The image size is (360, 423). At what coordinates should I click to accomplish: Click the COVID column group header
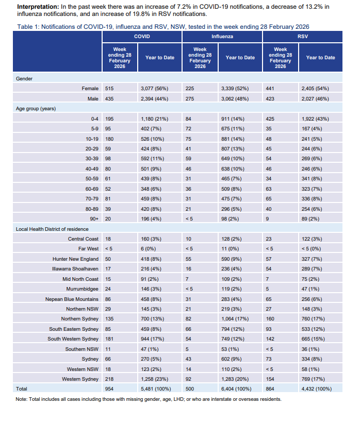point(142,37)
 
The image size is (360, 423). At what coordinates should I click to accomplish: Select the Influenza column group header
point(222,37)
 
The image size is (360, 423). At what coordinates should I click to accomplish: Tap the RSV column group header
point(303,37)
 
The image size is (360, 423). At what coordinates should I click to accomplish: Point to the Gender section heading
point(25,78)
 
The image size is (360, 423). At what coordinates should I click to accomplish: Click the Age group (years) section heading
point(36,109)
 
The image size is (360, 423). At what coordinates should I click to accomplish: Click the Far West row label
point(89,249)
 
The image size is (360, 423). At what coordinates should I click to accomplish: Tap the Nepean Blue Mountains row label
point(73,299)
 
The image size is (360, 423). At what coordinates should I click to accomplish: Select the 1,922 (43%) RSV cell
point(315,119)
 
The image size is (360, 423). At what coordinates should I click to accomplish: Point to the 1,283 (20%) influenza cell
point(236,379)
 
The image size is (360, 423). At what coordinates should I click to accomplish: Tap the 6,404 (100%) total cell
point(237,388)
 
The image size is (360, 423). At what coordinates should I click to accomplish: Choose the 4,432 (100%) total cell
point(317,388)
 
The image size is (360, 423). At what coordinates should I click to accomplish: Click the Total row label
point(22,388)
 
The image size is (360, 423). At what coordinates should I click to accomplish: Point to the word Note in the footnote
point(22,399)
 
